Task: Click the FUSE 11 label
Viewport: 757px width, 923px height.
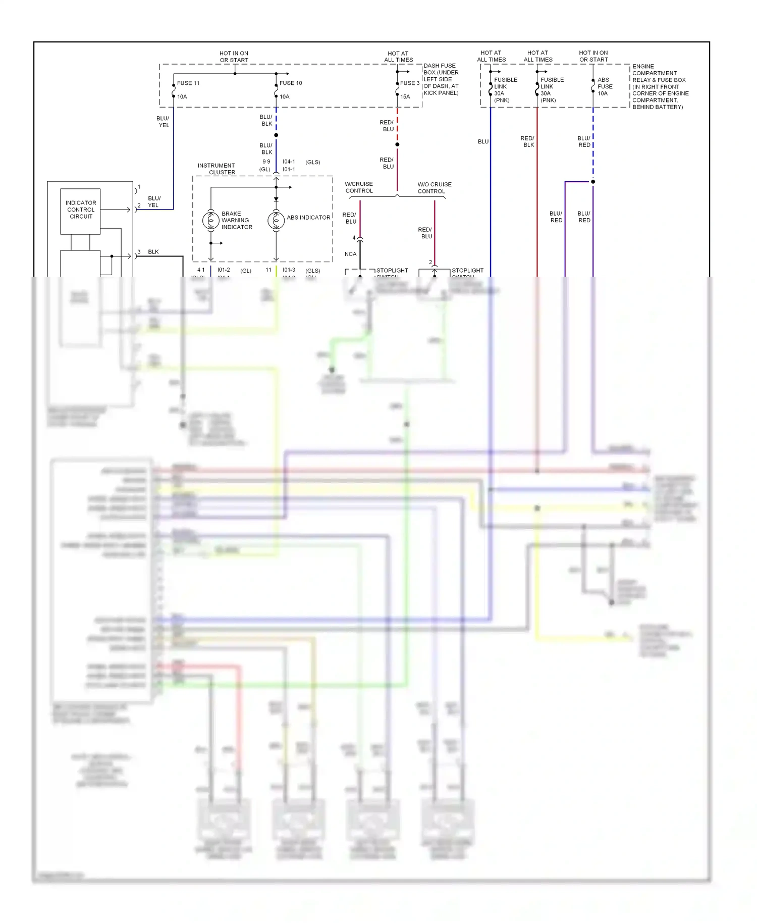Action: click(x=188, y=83)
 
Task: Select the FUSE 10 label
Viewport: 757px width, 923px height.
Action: click(x=291, y=83)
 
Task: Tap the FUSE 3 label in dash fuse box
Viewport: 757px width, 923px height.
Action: click(x=409, y=83)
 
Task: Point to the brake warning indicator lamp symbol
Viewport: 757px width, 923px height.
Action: click(x=211, y=220)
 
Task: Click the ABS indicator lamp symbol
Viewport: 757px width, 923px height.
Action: click(x=276, y=220)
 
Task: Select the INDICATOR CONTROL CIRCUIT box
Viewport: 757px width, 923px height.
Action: click(x=81, y=210)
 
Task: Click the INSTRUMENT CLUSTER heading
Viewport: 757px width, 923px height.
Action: click(x=217, y=169)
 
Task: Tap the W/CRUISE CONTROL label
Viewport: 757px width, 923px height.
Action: click(x=359, y=187)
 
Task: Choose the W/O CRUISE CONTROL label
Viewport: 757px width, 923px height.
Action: click(x=434, y=188)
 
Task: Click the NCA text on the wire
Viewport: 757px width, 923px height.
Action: click(x=350, y=254)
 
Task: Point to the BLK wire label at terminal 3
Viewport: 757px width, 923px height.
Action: click(x=153, y=251)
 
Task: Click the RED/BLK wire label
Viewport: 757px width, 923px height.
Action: click(x=527, y=141)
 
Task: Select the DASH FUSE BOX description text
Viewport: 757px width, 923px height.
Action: click(x=441, y=79)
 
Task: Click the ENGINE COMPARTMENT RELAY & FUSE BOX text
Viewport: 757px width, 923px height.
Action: click(x=660, y=86)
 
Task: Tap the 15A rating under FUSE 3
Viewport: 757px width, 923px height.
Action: click(x=405, y=96)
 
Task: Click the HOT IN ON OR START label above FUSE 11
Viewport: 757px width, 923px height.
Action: click(x=234, y=57)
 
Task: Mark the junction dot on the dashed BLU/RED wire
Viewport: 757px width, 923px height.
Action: click(x=593, y=181)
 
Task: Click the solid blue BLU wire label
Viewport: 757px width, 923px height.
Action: click(x=483, y=141)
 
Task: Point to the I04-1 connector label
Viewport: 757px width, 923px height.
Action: click(x=289, y=162)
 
